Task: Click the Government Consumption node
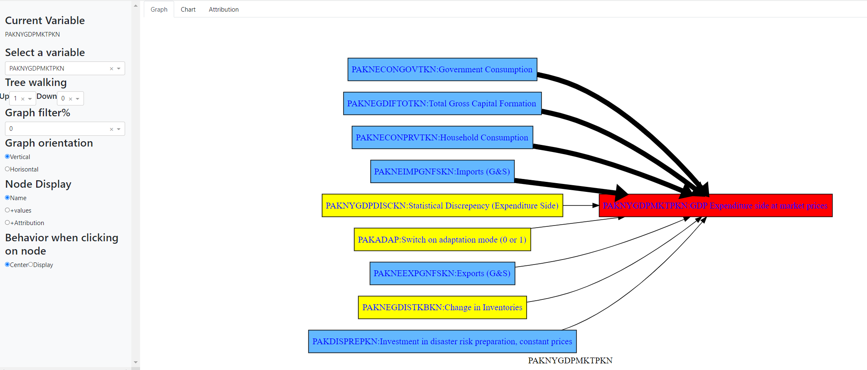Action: pos(442,69)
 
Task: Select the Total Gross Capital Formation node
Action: pos(442,103)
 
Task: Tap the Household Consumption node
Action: pos(442,137)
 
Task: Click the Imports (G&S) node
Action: pos(442,172)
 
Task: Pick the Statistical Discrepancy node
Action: pos(442,206)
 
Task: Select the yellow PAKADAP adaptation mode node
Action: pos(442,240)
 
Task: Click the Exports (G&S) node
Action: pos(442,273)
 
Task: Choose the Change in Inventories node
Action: pos(442,307)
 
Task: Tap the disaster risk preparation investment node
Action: pos(442,341)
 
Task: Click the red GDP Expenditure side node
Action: pos(715,206)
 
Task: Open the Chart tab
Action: pos(188,10)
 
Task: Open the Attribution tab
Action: pos(224,10)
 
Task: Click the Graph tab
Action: pos(159,10)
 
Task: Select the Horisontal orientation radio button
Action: pos(7,169)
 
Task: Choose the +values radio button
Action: pos(7,210)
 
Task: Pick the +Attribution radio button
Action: pos(7,223)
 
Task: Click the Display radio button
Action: pos(31,265)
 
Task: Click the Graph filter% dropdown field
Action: pos(58,129)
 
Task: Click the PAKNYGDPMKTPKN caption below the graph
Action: pos(570,360)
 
